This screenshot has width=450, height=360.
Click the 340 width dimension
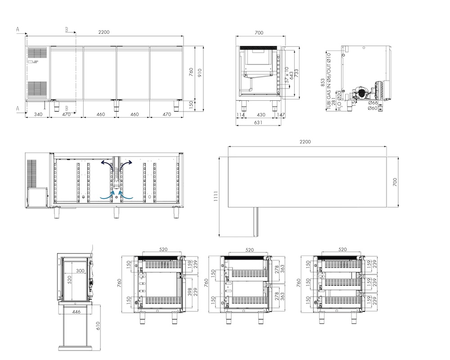tap(38, 114)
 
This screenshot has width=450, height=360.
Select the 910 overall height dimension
tap(200, 72)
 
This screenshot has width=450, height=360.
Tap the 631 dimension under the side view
tap(258, 122)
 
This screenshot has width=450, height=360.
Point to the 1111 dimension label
tap(216, 196)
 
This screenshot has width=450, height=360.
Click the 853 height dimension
tap(323, 83)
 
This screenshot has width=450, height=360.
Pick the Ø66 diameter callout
tap(373, 103)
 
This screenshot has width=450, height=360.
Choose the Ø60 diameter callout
tap(373, 108)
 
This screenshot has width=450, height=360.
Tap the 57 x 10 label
tap(287, 75)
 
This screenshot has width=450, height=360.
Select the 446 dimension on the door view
tap(76, 312)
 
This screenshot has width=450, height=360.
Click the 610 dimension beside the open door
tap(98, 326)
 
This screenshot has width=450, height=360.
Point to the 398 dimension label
tap(190, 292)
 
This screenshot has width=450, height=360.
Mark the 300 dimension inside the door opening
tap(81, 271)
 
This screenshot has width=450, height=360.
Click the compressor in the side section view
tap(361, 92)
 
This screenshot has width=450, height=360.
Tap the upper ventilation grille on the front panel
tap(37, 54)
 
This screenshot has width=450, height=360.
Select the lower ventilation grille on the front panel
tap(37, 88)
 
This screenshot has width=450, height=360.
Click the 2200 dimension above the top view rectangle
tap(305, 142)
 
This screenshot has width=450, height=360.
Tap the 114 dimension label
tap(240, 115)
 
